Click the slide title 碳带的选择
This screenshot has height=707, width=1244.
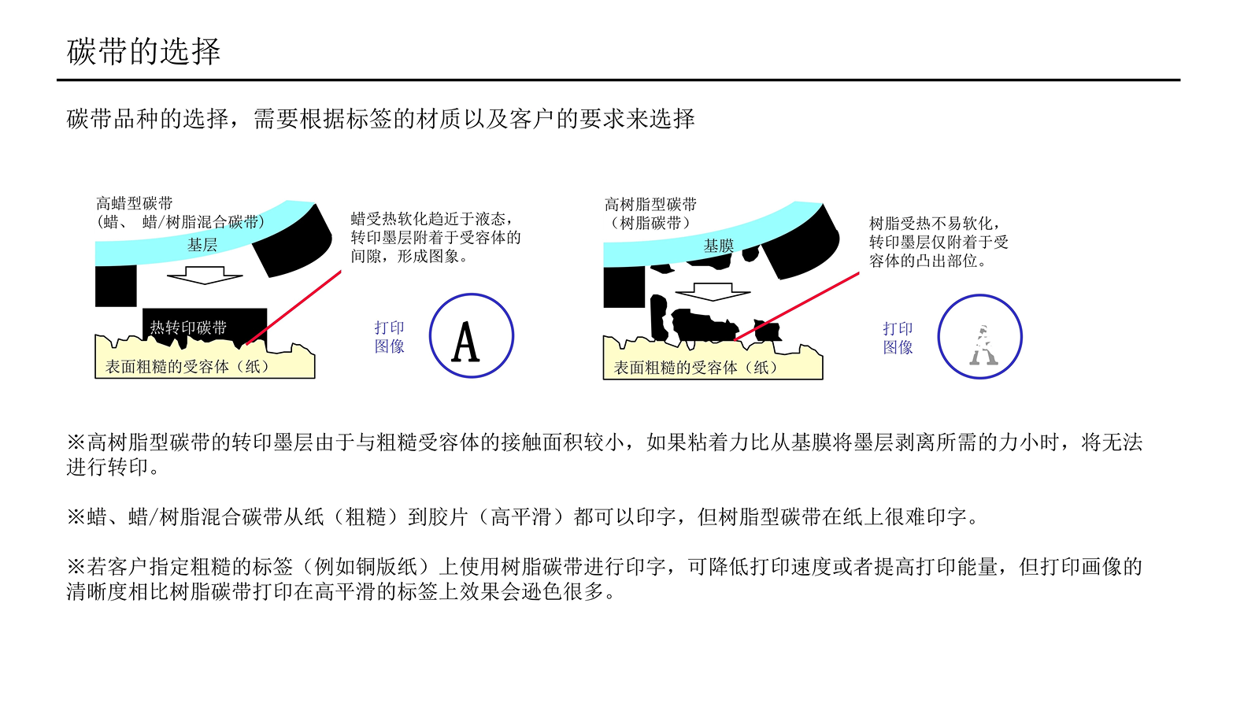pos(143,52)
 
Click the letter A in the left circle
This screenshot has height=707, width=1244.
pos(465,342)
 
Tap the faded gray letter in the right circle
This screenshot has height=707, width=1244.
pos(983,345)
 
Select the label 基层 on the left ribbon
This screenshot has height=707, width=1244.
pos(202,245)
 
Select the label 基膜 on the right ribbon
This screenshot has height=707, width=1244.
pos(719,246)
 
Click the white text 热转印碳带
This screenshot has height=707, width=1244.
pos(188,328)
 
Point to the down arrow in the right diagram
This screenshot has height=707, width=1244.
pos(713,292)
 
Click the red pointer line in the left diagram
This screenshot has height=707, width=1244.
pos(294,308)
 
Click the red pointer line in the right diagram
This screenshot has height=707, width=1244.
pos(796,306)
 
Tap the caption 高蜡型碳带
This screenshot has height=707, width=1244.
pos(135,203)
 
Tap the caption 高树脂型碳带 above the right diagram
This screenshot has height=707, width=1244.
pos(650,205)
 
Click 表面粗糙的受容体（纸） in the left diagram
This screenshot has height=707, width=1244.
pos(188,367)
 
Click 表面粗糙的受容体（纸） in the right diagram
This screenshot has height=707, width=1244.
pos(697,368)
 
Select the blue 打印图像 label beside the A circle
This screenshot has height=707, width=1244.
pos(389,337)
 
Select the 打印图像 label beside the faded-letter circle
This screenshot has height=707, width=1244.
pos(898,339)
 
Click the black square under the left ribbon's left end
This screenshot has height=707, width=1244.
pos(116,286)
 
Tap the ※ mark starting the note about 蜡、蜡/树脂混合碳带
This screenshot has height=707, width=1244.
pos(76,517)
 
